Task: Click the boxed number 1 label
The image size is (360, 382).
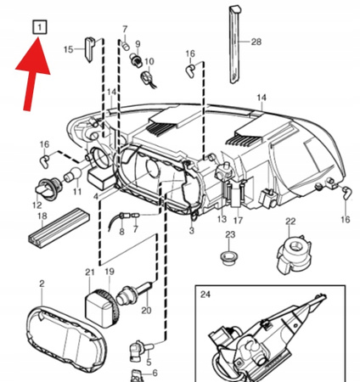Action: click(39, 27)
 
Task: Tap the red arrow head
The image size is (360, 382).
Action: click(35, 57)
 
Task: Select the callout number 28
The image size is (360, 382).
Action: click(256, 42)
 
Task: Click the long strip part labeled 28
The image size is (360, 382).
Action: click(235, 44)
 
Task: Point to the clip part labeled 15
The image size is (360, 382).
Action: click(90, 49)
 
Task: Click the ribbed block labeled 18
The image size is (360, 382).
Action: click(59, 228)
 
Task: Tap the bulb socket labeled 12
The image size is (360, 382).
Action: click(48, 188)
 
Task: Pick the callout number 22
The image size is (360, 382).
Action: click(290, 221)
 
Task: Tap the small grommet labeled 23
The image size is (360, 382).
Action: click(229, 257)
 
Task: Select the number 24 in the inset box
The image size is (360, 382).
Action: click(205, 295)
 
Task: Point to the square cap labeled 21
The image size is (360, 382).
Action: click(98, 309)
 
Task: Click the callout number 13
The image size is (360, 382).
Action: click(222, 219)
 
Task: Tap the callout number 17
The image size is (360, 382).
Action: click(238, 220)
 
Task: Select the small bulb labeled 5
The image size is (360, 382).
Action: click(141, 350)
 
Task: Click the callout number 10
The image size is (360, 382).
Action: click(149, 61)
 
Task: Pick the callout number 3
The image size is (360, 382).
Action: click(192, 231)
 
